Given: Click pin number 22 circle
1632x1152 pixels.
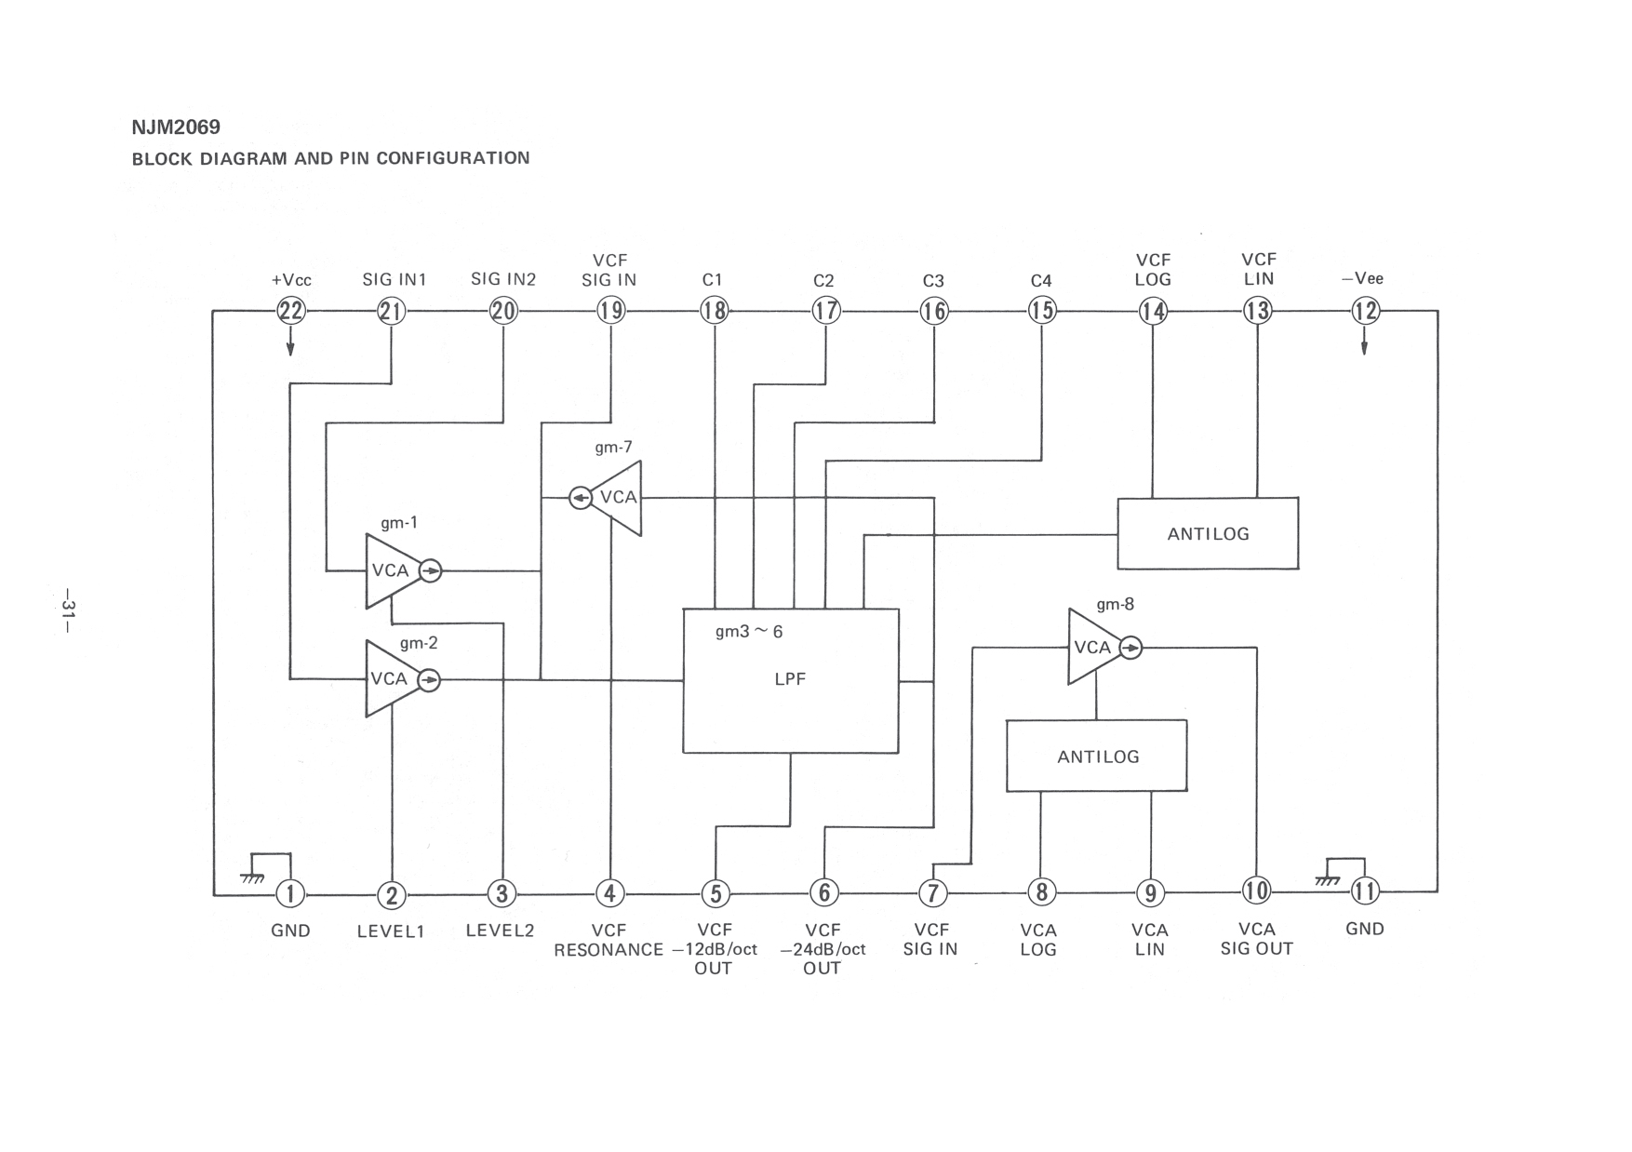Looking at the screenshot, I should tap(291, 310).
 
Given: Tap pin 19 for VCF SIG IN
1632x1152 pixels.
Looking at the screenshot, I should tap(610, 310).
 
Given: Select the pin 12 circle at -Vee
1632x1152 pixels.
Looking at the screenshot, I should tap(1365, 310).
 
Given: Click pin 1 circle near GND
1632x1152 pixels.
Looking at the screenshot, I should tap(290, 894).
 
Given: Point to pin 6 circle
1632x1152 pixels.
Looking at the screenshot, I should tap(824, 893).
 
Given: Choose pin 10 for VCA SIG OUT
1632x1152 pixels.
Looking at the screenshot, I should tap(1256, 891).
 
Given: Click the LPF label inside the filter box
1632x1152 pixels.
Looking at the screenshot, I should tap(790, 679).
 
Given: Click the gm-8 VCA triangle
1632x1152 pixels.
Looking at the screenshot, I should tap(1094, 648).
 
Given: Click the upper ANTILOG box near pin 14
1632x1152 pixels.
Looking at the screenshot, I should tap(1208, 533).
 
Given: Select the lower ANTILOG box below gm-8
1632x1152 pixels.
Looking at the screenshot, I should tap(1097, 756).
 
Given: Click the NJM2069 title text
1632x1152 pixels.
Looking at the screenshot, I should tap(176, 127).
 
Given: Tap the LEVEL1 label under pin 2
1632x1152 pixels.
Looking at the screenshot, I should tap(391, 931).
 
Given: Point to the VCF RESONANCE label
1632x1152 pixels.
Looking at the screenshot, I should tap(609, 940).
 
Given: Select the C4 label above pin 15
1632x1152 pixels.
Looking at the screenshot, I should tap(1041, 280).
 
